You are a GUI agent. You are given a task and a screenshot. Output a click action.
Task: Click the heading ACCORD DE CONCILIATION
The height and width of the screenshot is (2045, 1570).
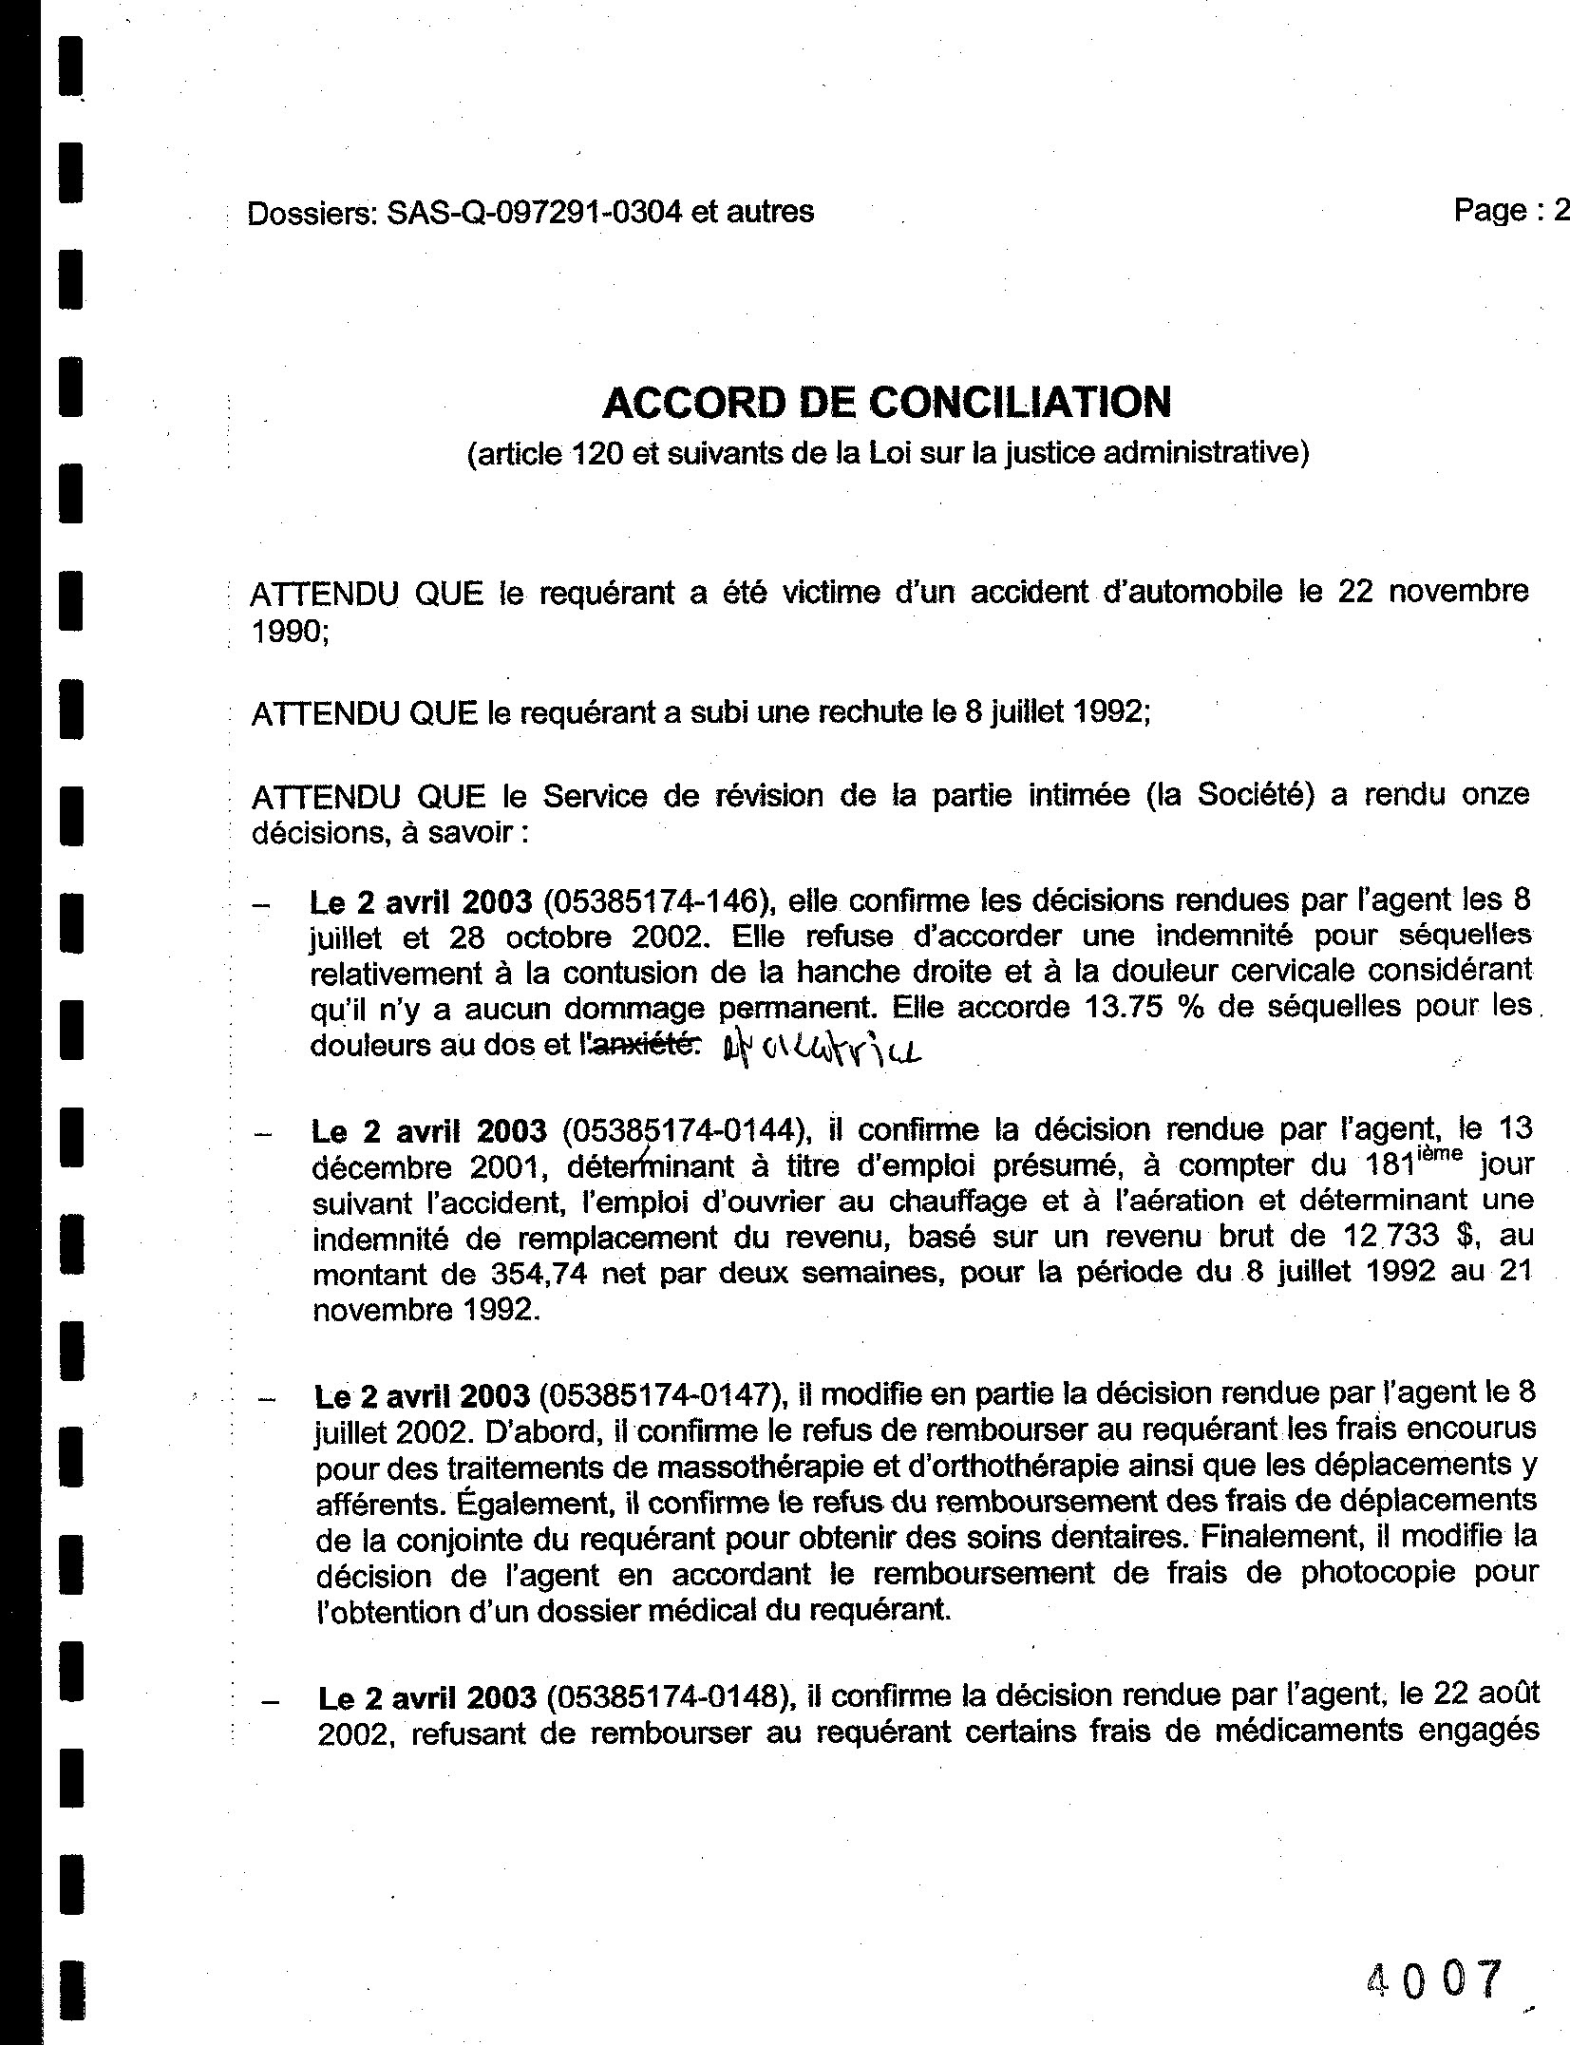886,403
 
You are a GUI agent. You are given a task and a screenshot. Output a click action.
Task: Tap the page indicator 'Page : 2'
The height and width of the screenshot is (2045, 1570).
1510,210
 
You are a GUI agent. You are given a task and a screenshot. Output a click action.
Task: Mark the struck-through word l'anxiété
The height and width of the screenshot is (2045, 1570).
639,1045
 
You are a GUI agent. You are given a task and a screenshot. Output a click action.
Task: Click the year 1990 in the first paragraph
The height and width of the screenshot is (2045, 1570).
285,632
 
